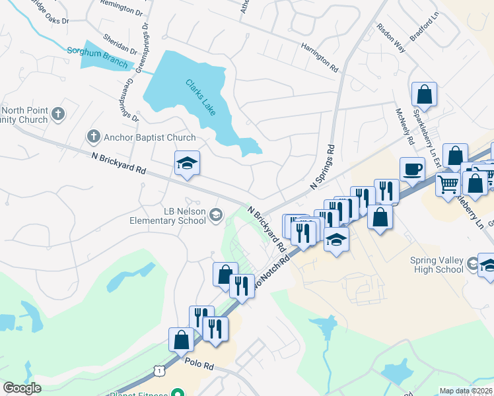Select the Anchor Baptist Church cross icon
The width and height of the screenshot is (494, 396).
pos(93,137)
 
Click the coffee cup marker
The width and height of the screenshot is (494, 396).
pos(412,168)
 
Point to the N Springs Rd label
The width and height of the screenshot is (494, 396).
pos(324,169)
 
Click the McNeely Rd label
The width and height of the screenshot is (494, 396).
pos(404,126)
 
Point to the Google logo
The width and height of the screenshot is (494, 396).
pos(22,387)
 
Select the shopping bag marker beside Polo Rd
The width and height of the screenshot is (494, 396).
pos(181,340)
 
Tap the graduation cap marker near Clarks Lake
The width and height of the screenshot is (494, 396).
pos(187,163)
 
